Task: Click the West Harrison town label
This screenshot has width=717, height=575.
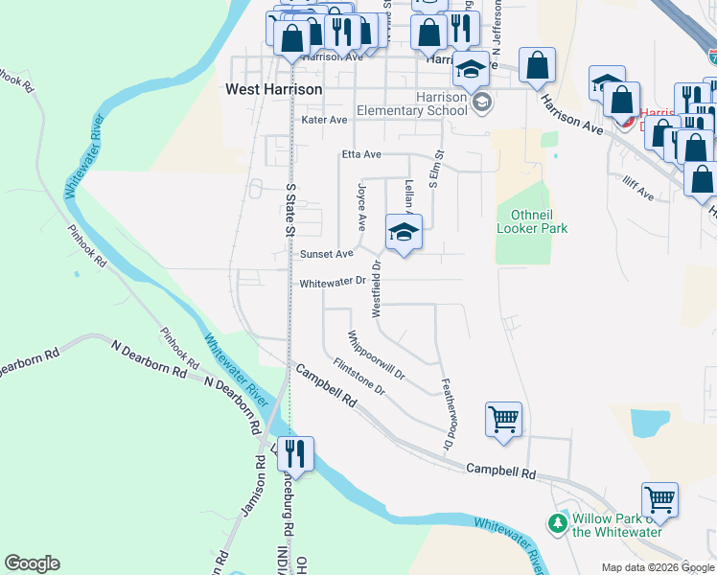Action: pyautogui.click(x=273, y=89)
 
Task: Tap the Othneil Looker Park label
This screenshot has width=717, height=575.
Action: pyautogui.click(x=532, y=222)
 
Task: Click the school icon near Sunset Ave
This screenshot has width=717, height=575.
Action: pyautogui.click(x=404, y=232)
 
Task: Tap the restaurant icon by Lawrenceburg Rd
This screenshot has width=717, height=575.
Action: pyautogui.click(x=295, y=453)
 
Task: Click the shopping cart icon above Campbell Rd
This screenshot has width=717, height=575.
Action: pyautogui.click(x=504, y=419)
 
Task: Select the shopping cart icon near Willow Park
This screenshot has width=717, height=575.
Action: pyautogui.click(x=659, y=499)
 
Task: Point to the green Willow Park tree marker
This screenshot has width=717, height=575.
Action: pyautogui.click(x=557, y=523)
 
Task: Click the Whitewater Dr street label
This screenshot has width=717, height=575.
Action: pyautogui.click(x=333, y=283)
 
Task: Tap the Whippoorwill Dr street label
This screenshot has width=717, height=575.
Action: pyautogui.click(x=378, y=355)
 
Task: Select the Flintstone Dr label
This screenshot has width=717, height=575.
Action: pyautogui.click(x=359, y=378)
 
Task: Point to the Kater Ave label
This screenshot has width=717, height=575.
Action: pyautogui.click(x=324, y=120)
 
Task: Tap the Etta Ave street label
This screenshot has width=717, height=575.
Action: pyautogui.click(x=361, y=154)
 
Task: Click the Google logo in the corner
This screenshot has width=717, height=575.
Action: pyautogui.click(x=32, y=563)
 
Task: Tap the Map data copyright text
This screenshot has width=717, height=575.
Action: pyautogui.click(x=657, y=567)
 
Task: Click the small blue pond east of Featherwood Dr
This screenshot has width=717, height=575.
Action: pyautogui.click(x=651, y=423)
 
